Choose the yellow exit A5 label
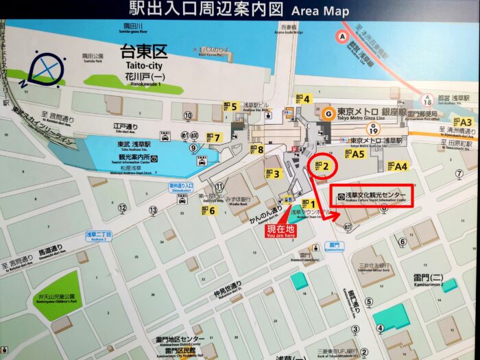[353, 154]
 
